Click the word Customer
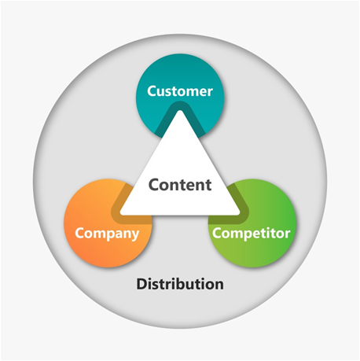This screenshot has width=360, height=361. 180,91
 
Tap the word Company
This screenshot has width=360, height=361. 107,234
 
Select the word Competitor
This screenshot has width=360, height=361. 252,234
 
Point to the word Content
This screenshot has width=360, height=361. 180,185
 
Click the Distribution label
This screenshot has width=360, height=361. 180,284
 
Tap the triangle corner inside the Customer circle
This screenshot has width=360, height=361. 180,111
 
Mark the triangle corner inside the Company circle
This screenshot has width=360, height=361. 120,213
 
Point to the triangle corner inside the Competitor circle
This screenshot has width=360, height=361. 240,213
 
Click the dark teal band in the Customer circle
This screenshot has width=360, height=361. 180,105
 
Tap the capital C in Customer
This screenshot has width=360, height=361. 152,91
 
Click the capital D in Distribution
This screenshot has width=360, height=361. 141,284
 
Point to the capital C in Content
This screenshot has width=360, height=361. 153,185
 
